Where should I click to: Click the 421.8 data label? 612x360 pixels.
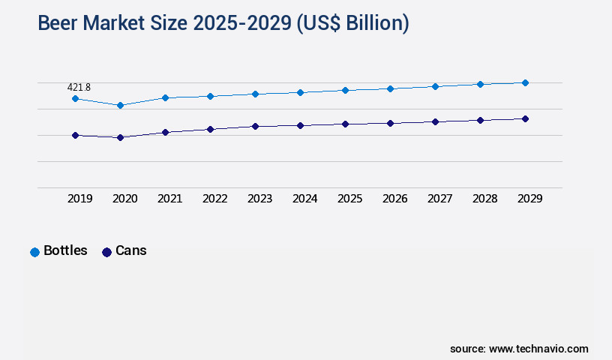coord(79,88)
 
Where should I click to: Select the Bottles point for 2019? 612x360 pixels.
coord(75,98)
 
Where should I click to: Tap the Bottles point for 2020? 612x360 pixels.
coord(120,105)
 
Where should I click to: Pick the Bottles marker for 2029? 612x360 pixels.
coord(525,82)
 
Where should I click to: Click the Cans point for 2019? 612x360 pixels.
coord(75,135)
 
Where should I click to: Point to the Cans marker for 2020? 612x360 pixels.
coord(120,137)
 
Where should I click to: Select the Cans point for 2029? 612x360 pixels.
coord(525,118)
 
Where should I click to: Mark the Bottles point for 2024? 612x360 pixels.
coord(300,92)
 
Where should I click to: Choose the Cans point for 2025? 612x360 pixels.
coord(345,124)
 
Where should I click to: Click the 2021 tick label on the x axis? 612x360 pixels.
coord(169,199)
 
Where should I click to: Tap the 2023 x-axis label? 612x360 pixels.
coord(259,199)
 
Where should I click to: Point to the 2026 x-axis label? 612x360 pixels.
coord(394,199)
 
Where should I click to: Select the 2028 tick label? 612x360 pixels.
coord(484,199)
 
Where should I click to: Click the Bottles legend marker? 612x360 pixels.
coord(34,252)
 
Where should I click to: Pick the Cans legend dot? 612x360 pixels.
coord(106,252)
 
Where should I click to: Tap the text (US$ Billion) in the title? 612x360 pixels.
coord(352,24)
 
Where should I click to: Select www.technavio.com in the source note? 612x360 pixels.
coord(538,349)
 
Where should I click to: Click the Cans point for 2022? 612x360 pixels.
coord(210,129)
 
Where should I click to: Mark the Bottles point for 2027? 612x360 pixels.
coord(435,86)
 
